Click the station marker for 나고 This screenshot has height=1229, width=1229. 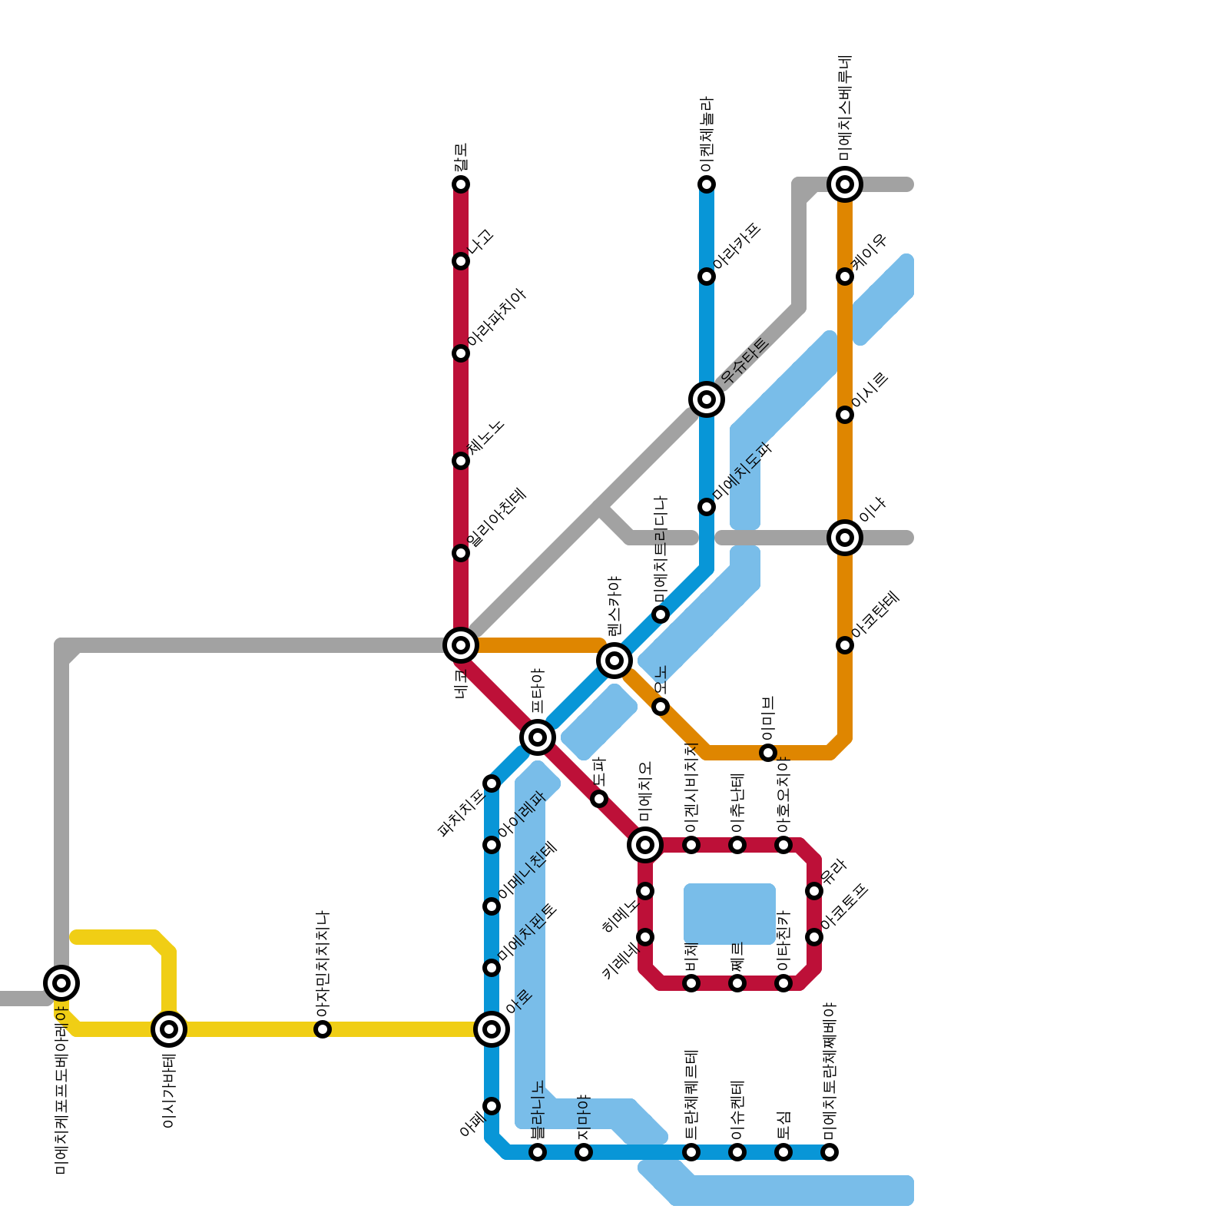coord(461,261)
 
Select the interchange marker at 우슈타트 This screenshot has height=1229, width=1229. coord(707,399)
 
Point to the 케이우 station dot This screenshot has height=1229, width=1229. coord(845,277)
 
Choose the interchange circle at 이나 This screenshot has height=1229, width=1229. coord(845,538)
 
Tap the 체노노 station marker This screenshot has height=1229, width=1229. coord(461,461)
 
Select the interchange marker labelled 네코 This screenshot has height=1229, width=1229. coord(461,645)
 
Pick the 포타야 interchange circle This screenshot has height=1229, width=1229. coord(538,737)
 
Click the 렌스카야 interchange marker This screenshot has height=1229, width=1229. coord(614,660)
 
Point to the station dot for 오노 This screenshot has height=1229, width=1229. coord(661,707)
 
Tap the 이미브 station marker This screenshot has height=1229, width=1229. coord(768,753)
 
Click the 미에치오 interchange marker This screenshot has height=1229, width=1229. coord(645,845)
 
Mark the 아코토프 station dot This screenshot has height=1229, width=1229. coord(814,937)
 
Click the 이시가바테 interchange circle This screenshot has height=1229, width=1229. coord(169,1029)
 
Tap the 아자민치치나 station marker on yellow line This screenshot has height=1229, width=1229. coord(323,1029)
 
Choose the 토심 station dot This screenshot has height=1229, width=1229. coord(783,1152)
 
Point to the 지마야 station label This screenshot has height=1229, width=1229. coord(584,1118)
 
